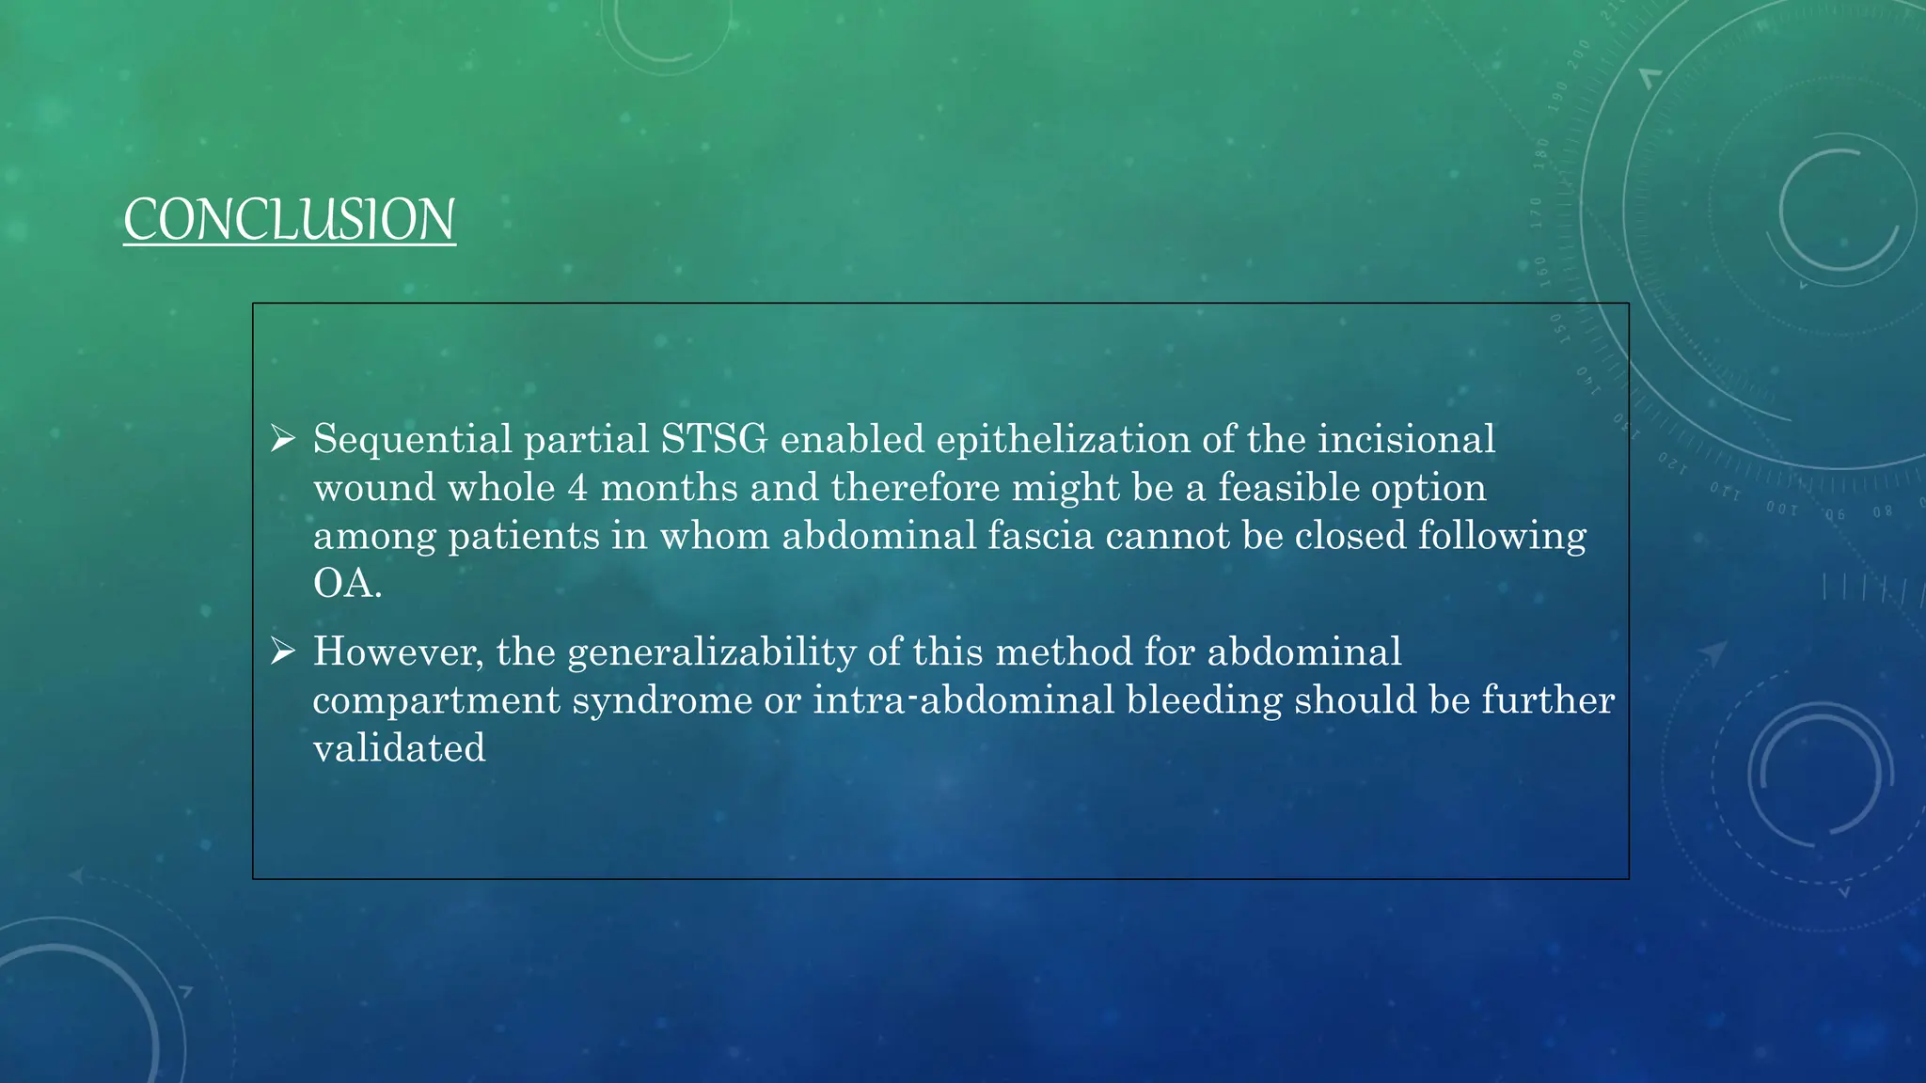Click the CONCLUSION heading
click(x=290, y=220)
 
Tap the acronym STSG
click(x=714, y=439)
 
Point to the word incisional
click(x=1406, y=439)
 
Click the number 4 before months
click(x=577, y=488)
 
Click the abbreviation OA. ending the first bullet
click(x=347, y=584)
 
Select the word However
click(x=399, y=651)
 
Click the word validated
click(x=399, y=748)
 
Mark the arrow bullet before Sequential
click(x=283, y=438)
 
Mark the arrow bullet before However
click(x=283, y=651)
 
